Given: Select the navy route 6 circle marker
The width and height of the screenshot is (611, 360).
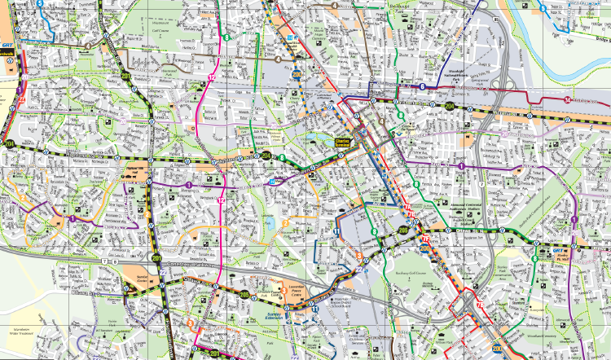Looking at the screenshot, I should pos(422,86).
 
